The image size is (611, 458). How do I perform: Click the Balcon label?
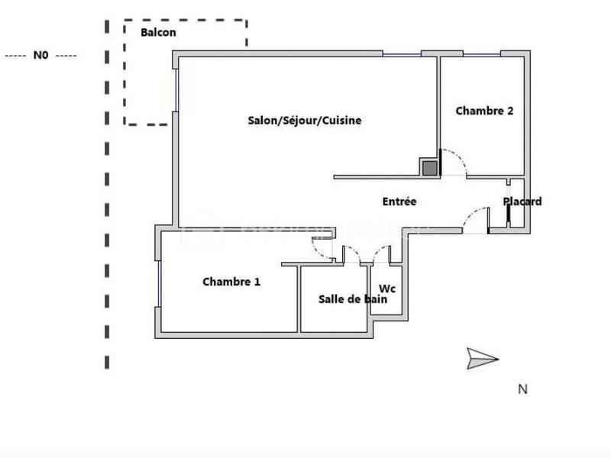[158, 32]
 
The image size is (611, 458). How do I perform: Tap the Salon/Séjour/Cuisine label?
[305, 121]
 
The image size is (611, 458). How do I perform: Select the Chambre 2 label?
[484, 111]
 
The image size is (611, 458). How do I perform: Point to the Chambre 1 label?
[231, 282]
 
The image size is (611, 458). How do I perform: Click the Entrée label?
[399, 202]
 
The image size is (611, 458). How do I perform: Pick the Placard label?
[522, 202]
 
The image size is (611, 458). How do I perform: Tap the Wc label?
[388, 289]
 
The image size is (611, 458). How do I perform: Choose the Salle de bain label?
[353, 299]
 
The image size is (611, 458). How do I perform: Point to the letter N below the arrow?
[523, 389]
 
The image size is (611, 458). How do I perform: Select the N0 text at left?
[40, 56]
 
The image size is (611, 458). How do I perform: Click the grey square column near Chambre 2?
[430, 168]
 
